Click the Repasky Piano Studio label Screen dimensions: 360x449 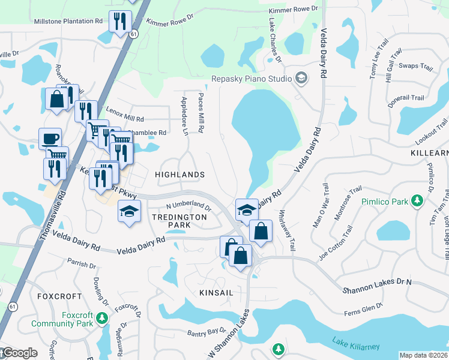pos(251,79)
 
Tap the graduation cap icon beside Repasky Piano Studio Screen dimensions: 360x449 pos(301,79)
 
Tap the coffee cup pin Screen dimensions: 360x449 pos(50,139)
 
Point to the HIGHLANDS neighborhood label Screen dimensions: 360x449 pos(180,175)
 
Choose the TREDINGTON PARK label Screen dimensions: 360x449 pos(171,220)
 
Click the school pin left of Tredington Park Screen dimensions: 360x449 pos(129,212)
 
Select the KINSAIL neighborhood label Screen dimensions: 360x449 pos(215,292)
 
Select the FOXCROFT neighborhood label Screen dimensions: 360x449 pos(59,296)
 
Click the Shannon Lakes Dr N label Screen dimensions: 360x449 pos(377,286)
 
